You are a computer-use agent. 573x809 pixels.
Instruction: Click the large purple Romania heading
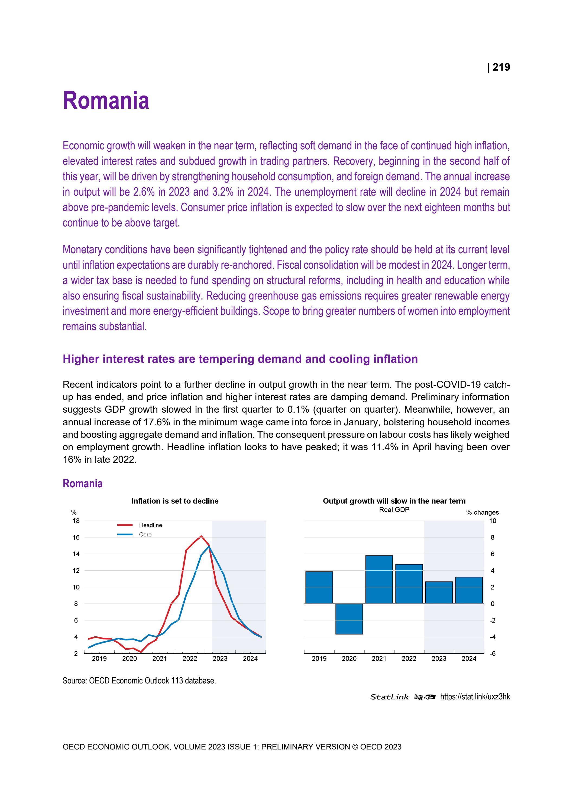click(106, 101)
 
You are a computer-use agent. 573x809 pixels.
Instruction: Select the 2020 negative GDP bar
click(349, 619)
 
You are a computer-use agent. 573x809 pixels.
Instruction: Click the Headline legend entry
click(150, 525)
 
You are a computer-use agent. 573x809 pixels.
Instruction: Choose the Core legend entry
click(145, 535)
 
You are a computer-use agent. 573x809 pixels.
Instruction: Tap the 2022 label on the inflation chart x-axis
click(190, 659)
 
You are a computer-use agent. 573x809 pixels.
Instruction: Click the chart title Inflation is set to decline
click(175, 501)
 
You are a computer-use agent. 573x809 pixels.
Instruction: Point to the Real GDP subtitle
click(394, 509)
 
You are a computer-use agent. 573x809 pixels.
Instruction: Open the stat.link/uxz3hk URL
click(475, 697)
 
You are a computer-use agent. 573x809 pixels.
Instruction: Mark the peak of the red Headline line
click(201, 536)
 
